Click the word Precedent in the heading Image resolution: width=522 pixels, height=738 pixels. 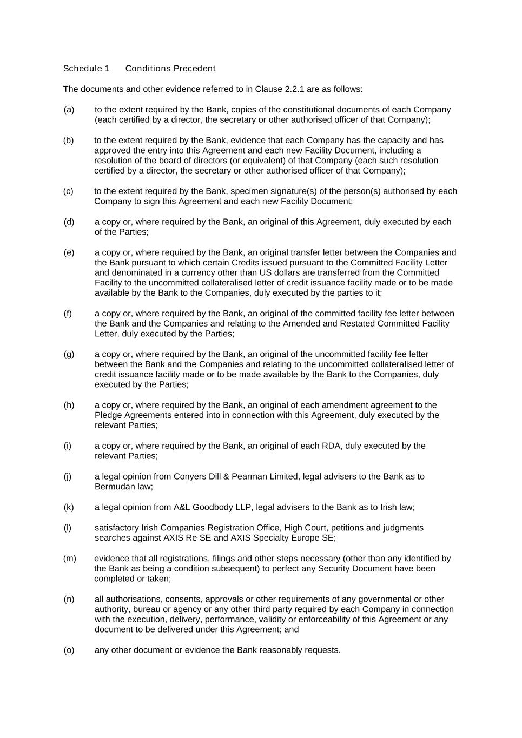pyautogui.click(x=194, y=69)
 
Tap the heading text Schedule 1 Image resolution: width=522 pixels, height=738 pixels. pyautogui.click(x=86, y=69)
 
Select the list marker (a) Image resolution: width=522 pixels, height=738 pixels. pyautogui.click(x=69, y=110)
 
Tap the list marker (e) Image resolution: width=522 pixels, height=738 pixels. pyautogui.click(x=69, y=252)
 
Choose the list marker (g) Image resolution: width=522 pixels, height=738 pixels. pyautogui.click(x=69, y=354)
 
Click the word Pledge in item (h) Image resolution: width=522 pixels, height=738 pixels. pyautogui.click(x=108, y=415)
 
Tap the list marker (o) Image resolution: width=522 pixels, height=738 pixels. pyautogui.click(x=69, y=650)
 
